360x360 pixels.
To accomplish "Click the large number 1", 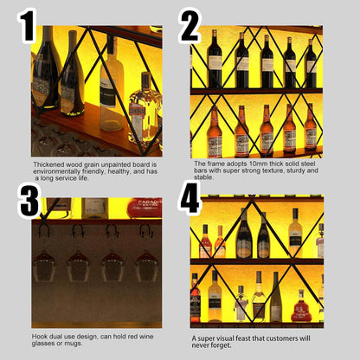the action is click(x=28, y=26).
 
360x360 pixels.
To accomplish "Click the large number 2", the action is click(x=190, y=26).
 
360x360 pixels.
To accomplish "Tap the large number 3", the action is click(x=29, y=201).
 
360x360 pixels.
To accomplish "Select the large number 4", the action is click(x=189, y=197).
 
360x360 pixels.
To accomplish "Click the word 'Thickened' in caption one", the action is click(x=48, y=164).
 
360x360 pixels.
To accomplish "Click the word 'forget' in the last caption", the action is click(x=221, y=345).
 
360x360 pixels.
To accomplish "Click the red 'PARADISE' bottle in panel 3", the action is click(x=145, y=207).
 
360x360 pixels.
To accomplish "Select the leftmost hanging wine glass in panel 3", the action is click(x=44, y=266).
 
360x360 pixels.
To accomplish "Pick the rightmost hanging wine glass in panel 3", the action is click(x=147, y=266).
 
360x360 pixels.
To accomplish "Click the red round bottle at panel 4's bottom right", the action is click(x=301, y=307).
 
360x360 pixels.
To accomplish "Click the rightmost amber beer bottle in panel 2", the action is click(x=311, y=127).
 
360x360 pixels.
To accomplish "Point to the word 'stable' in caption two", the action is click(x=203, y=177).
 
